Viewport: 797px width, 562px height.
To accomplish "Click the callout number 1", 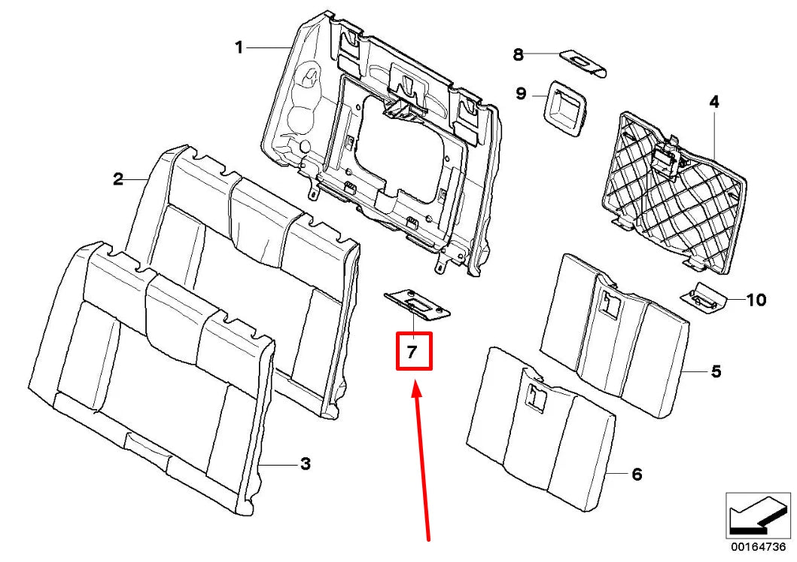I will pos(239,47).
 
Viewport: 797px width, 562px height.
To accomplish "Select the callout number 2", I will pos(118,179).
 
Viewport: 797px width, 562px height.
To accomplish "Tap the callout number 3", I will pos(305,464).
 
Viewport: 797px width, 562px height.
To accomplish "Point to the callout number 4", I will pos(713,102).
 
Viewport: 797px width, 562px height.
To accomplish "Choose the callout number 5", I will pos(716,371).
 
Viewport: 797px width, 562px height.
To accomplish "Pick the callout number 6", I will pos(637,475).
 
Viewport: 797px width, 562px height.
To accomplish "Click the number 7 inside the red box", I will pos(413,352).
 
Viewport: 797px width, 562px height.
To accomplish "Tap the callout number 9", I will pos(520,94).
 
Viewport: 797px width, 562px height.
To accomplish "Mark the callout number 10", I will pos(756,300).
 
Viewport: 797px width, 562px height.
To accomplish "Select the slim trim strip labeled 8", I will pos(584,64).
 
